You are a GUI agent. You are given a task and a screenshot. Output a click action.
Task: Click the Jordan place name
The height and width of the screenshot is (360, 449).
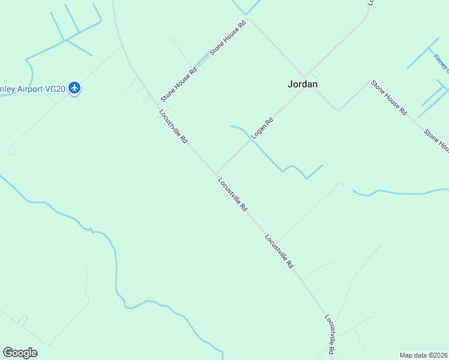pos(303,84)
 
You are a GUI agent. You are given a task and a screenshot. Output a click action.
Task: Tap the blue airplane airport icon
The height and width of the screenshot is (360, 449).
pos(74,89)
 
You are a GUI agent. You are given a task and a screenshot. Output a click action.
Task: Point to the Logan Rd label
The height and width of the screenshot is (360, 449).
pos(262,128)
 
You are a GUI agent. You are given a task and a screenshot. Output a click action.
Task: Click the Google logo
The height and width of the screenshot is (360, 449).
pos(20,353)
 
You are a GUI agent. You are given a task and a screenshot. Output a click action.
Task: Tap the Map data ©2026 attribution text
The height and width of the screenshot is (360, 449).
pos(424,355)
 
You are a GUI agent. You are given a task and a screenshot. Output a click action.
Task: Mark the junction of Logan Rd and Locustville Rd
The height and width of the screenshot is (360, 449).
pos(216,173)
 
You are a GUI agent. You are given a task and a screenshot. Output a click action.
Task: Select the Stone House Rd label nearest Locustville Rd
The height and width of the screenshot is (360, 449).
pos(178,85)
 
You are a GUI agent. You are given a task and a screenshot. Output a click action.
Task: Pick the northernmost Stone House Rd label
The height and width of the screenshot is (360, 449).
pos(229,39)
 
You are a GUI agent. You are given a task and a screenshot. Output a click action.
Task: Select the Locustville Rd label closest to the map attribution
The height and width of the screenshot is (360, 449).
pos(330,334)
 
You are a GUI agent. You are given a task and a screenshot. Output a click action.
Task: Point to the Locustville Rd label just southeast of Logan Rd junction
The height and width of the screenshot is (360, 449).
pos(232,194)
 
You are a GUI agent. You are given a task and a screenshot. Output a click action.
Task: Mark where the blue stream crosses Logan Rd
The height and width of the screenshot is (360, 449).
pos(250,140)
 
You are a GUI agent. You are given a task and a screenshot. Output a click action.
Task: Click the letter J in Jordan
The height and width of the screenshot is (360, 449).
pos(290,84)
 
